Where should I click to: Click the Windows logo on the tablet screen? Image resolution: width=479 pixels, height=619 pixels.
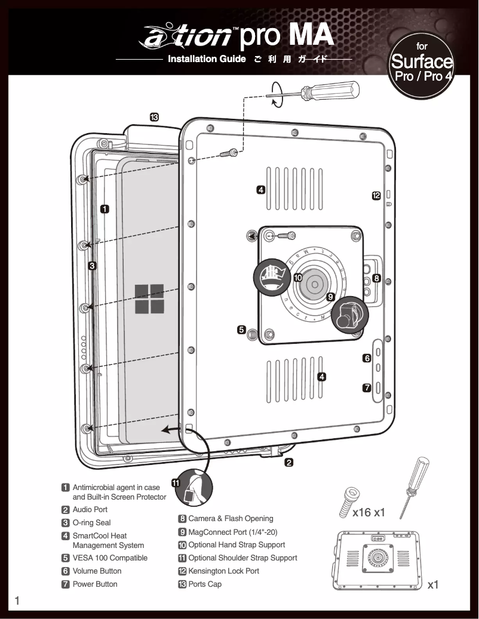[x=149, y=299]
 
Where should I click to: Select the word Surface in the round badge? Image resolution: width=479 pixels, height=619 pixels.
[x=421, y=62]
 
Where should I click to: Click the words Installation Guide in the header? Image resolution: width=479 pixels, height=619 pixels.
[x=207, y=59]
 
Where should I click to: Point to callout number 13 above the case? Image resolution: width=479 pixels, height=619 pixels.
[x=153, y=117]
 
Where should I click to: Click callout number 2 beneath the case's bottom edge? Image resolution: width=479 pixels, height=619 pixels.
[x=288, y=462]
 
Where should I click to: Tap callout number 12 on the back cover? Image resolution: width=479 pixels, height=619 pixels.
[x=376, y=196]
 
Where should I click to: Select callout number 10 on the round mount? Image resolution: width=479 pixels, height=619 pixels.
[x=297, y=278]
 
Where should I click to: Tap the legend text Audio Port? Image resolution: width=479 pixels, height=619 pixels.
[x=90, y=510]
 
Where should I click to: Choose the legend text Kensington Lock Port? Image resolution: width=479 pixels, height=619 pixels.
[x=223, y=571]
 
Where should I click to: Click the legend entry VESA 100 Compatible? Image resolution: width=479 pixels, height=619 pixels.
[x=110, y=558]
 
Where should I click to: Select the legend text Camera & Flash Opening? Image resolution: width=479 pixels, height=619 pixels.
[x=231, y=519]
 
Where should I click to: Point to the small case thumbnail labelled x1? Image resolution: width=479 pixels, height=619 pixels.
[x=376, y=559]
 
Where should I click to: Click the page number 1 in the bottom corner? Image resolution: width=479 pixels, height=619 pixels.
[x=17, y=601]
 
